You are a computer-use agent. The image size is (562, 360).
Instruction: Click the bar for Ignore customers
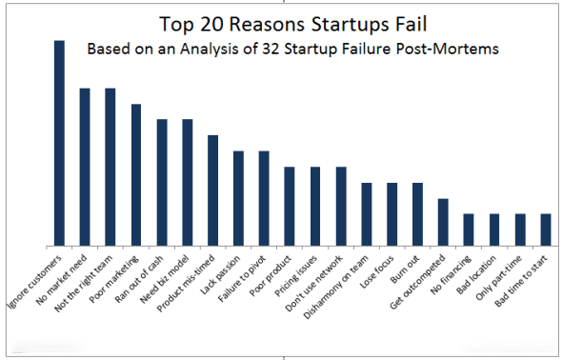[x=59, y=143]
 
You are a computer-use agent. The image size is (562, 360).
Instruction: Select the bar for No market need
[x=85, y=167]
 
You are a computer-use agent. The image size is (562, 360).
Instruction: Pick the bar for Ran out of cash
[x=162, y=182]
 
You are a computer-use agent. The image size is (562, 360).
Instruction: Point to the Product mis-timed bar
[x=213, y=190]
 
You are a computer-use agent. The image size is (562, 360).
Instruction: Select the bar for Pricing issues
[x=315, y=206]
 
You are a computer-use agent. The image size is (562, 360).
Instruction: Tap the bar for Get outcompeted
[x=443, y=222]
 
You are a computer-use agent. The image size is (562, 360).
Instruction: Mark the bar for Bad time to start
[x=546, y=230]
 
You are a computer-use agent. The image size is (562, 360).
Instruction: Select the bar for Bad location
[x=494, y=230]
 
